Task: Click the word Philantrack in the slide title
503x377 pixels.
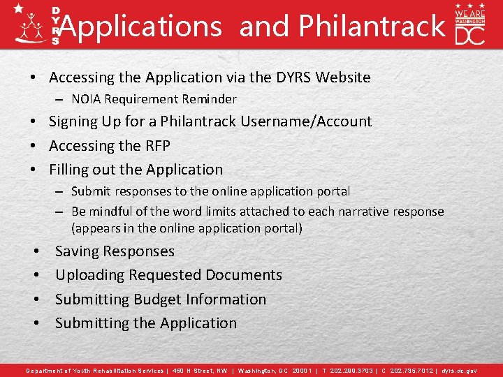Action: (x=371, y=27)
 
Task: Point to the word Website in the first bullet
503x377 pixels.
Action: (x=343, y=77)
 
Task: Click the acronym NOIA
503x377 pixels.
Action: (x=86, y=99)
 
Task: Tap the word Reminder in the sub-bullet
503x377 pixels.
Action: (x=210, y=99)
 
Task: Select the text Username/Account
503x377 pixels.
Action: (x=306, y=121)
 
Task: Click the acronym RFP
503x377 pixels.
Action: (x=154, y=145)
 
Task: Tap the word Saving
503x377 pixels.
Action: (x=77, y=251)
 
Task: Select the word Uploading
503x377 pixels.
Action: (x=89, y=275)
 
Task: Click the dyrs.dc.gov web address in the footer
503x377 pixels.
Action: (x=460, y=371)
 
